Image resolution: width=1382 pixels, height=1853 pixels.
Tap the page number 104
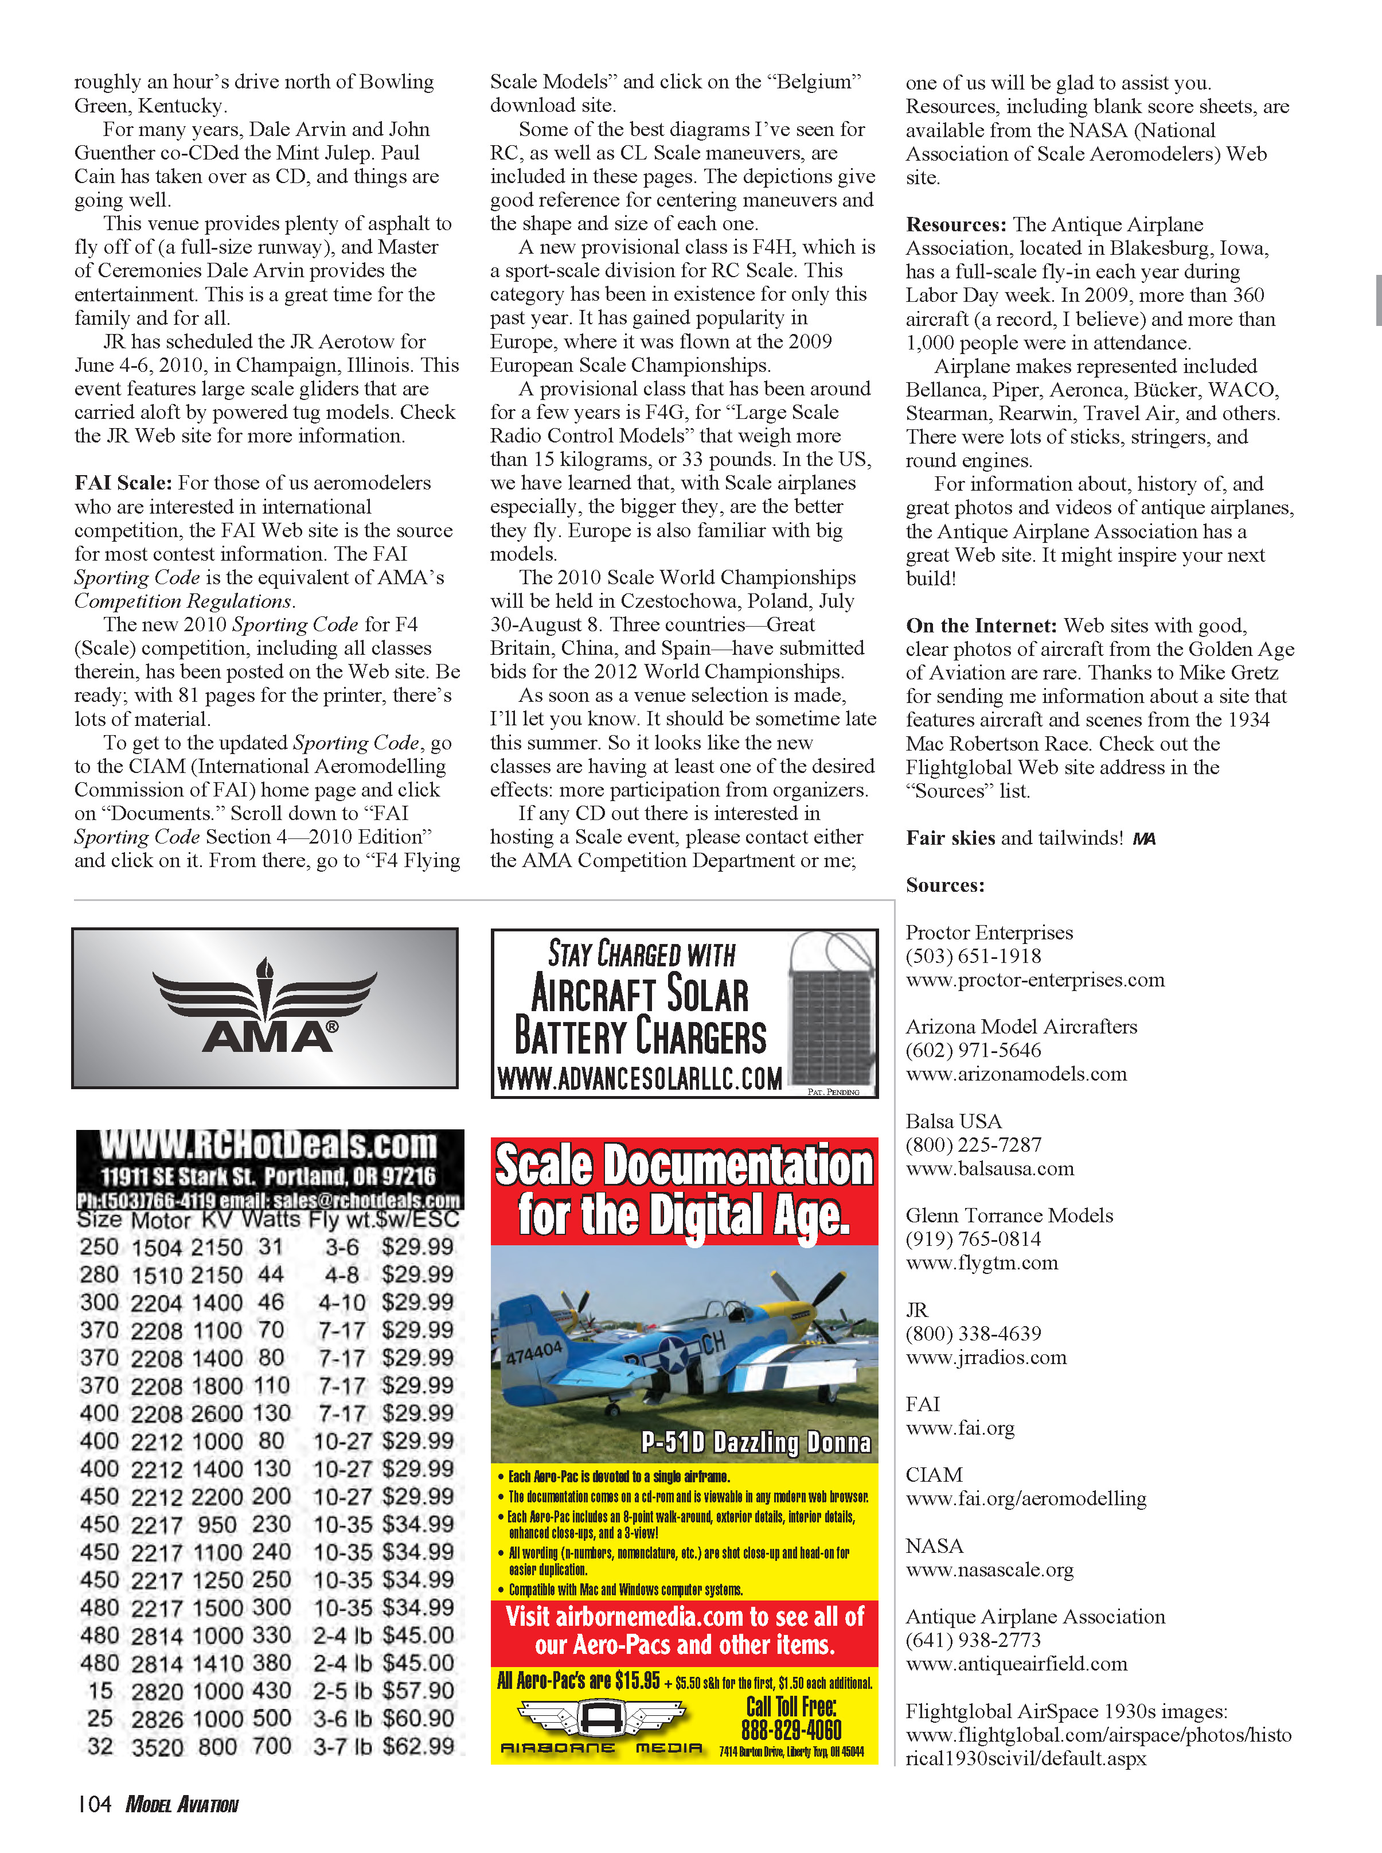tap(93, 1804)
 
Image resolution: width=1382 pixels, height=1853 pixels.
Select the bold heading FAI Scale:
tap(123, 483)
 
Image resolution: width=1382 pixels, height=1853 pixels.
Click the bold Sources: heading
tap(944, 885)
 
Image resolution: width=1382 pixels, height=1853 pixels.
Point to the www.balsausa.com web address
tap(990, 1168)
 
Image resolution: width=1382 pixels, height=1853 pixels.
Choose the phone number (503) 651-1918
tap(973, 956)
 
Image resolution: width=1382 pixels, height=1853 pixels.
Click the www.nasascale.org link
tap(990, 1570)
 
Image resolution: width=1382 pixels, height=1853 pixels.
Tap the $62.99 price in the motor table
tap(418, 1747)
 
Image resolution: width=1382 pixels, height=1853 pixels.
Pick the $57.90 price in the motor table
tap(418, 1691)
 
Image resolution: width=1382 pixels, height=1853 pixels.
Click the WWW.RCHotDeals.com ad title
tap(268, 1145)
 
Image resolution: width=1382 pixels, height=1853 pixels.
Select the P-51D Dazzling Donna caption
tap(755, 1442)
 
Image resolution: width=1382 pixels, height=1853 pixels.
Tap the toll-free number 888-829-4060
tap(791, 1730)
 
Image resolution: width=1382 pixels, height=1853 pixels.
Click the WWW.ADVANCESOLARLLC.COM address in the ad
tap(640, 1079)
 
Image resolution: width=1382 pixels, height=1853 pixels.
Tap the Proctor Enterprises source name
tap(989, 933)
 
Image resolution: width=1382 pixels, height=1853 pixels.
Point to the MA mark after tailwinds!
tap(1143, 838)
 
